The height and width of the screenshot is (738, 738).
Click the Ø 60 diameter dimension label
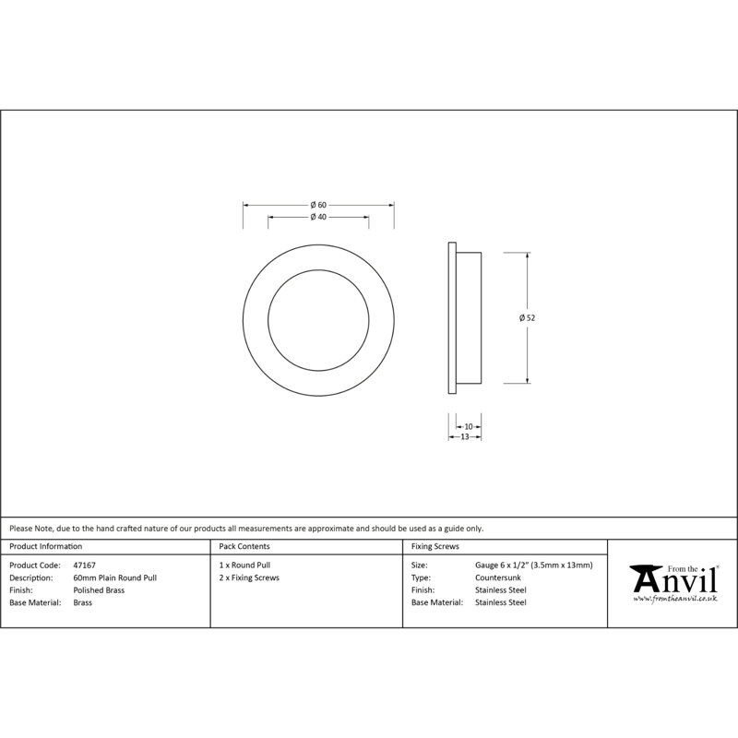pos(318,205)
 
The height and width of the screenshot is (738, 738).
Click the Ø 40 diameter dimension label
pos(318,217)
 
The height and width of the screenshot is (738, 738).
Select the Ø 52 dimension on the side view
pos(527,317)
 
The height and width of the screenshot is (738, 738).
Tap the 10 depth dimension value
pos(469,427)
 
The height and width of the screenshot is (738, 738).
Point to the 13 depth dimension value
pos(465,436)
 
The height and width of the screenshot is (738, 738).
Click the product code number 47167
pos(84,565)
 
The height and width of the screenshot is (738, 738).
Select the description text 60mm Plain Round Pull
pos(114,577)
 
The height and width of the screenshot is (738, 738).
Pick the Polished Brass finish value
pos(99,590)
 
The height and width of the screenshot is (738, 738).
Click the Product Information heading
pos(45,546)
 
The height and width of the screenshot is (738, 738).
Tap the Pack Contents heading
pos(244,546)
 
